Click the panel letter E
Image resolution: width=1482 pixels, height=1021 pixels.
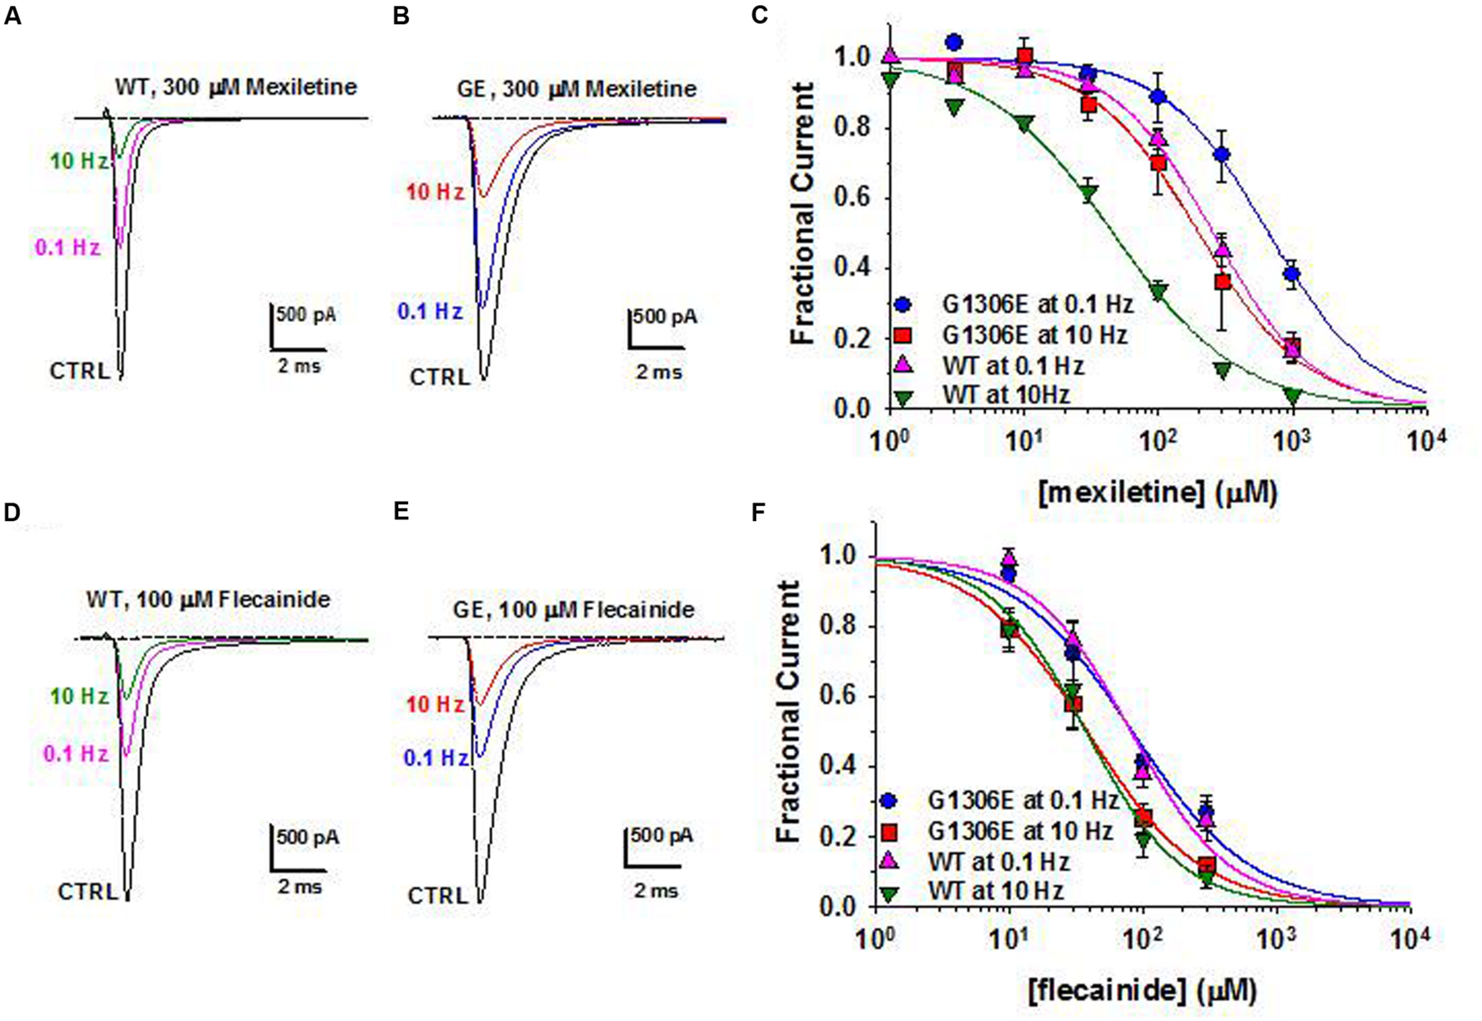[x=401, y=511]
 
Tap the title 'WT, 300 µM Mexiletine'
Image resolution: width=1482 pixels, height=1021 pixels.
[x=236, y=87]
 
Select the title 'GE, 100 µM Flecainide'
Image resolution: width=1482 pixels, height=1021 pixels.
[x=573, y=610]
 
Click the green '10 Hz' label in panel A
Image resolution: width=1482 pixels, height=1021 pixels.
[x=79, y=161]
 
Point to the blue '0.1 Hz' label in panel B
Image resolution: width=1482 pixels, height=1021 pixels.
[x=429, y=312]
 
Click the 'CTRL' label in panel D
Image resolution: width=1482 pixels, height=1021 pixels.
[x=88, y=892]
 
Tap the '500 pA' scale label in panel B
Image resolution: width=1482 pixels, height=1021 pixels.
[x=665, y=317]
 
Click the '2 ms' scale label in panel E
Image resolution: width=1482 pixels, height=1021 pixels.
[x=656, y=891]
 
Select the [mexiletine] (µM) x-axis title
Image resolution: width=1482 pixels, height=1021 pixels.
[x=1157, y=493]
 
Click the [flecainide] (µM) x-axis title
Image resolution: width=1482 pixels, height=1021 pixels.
[x=1142, y=991]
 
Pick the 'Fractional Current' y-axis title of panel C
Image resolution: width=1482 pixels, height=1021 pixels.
[x=802, y=213]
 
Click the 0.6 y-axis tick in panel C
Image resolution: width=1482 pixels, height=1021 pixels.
[x=851, y=199]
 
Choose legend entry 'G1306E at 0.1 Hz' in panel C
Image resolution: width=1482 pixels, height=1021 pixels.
[x=1037, y=304]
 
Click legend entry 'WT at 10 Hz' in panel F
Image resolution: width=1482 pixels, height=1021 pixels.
[x=995, y=891]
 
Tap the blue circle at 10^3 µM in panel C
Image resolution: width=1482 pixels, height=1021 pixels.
[x=1291, y=273]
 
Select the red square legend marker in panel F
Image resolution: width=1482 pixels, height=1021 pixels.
[x=890, y=831]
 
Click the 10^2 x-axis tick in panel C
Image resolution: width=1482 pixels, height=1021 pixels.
[x=1158, y=441]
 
